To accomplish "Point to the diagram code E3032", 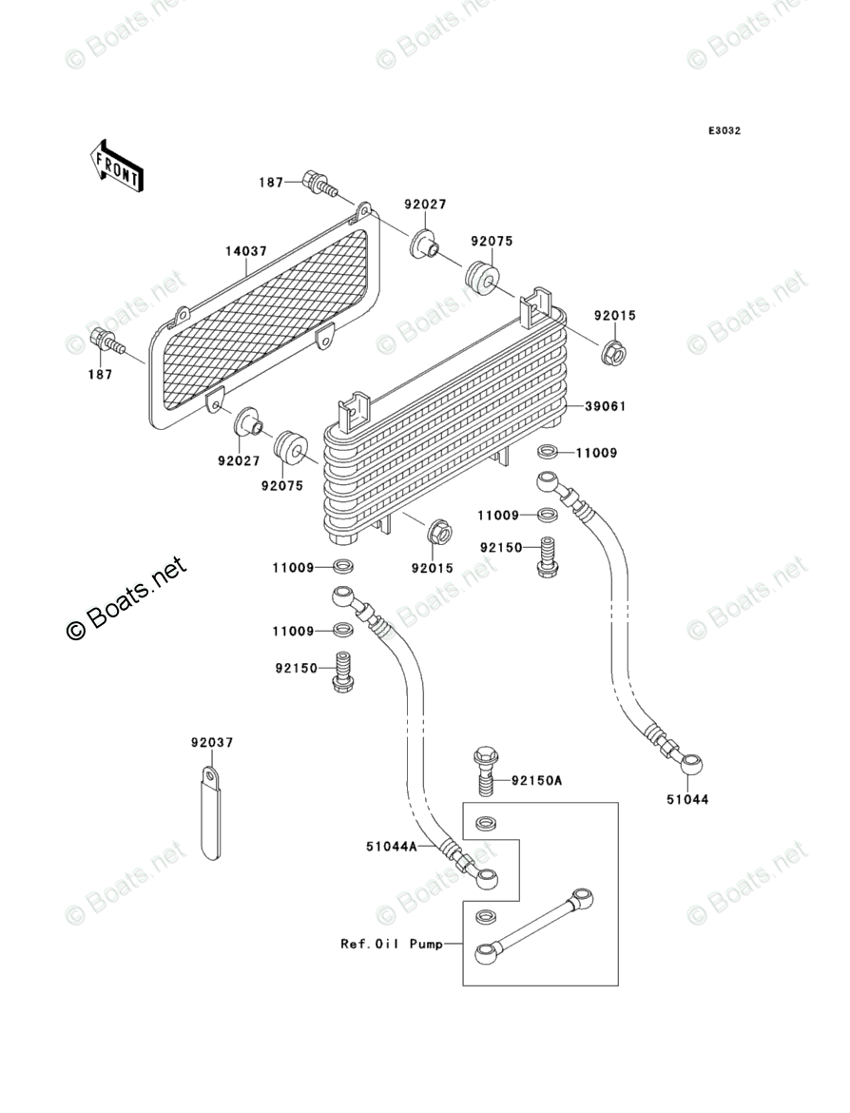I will [723, 131].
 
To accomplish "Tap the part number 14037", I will [245, 252].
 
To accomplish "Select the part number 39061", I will [605, 406].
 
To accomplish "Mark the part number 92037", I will [211, 742].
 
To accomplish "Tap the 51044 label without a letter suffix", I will [687, 800].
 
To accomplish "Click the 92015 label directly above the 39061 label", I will [615, 316].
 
